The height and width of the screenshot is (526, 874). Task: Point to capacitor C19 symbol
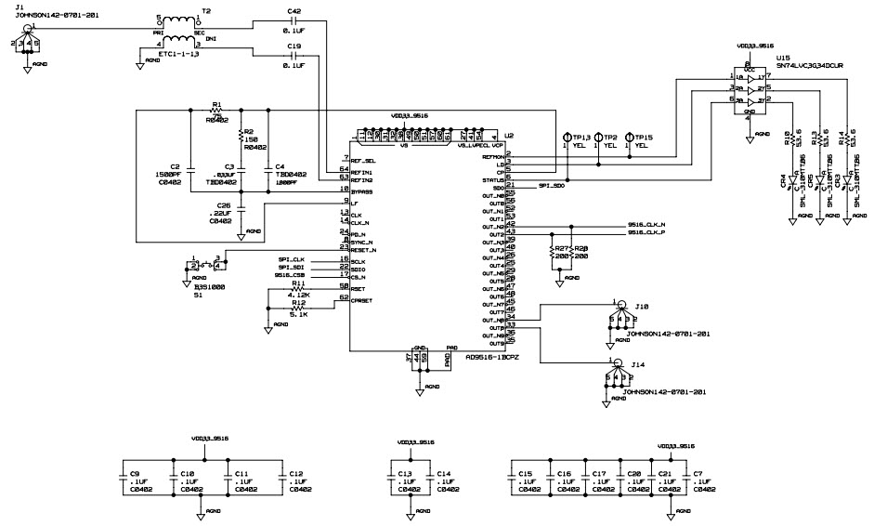(x=294, y=54)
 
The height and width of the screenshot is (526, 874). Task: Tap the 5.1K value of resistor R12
(x=298, y=313)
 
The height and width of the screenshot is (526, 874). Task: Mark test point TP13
(x=582, y=136)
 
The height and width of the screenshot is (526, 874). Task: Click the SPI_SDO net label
(x=552, y=186)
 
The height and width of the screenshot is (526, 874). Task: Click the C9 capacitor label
(x=135, y=472)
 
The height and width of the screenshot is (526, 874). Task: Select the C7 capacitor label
(x=698, y=472)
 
